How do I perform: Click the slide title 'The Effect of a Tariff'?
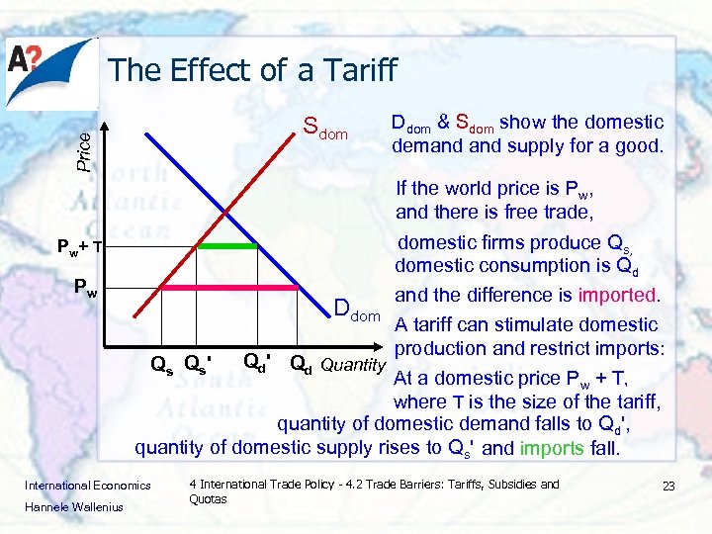[252, 70]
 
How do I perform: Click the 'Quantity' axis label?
[353, 365]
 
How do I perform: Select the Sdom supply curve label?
[326, 129]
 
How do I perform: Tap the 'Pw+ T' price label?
[86, 247]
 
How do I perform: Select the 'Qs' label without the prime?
[161, 363]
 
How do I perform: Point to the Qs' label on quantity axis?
[198, 363]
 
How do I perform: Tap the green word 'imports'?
[552, 447]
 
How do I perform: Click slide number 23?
[667, 487]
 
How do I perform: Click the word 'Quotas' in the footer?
[208, 499]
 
